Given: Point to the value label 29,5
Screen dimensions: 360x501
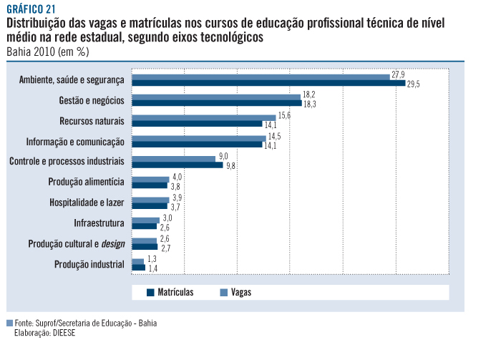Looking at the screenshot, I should click(x=413, y=84).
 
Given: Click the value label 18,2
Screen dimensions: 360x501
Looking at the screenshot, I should click(x=308, y=94).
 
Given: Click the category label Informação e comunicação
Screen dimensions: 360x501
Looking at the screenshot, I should click(x=75, y=141).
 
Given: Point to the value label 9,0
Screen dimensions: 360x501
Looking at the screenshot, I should click(x=223, y=156).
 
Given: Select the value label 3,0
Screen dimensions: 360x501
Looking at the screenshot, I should click(x=167, y=218).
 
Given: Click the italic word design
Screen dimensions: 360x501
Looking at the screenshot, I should click(x=113, y=243).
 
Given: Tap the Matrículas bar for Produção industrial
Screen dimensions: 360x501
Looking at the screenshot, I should click(x=138, y=268).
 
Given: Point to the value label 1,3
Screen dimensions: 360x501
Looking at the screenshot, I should click(x=152, y=259).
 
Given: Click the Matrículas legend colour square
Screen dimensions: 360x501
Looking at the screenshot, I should click(x=150, y=292).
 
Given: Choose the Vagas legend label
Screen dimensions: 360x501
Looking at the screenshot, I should click(x=241, y=292).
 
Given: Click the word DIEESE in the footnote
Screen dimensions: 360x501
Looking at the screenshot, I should click(x=64, y=333).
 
